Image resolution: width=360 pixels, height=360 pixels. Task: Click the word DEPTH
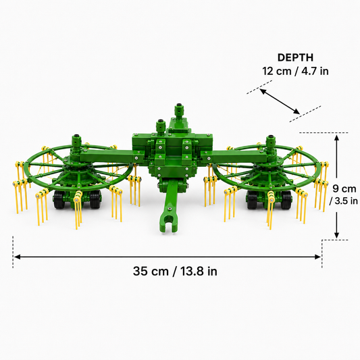click(295, 57)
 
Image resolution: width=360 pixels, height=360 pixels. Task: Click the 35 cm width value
click(151, 271)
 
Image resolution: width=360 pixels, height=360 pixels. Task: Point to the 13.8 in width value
click(199, 271)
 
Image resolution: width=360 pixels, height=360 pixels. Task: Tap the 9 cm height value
click(344, 189)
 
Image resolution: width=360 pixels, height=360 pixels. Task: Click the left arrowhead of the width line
click(17, 257)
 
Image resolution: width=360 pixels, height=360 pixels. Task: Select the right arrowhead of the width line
click(317, 257)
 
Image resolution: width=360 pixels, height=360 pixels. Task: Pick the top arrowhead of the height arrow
click(336, 138)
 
